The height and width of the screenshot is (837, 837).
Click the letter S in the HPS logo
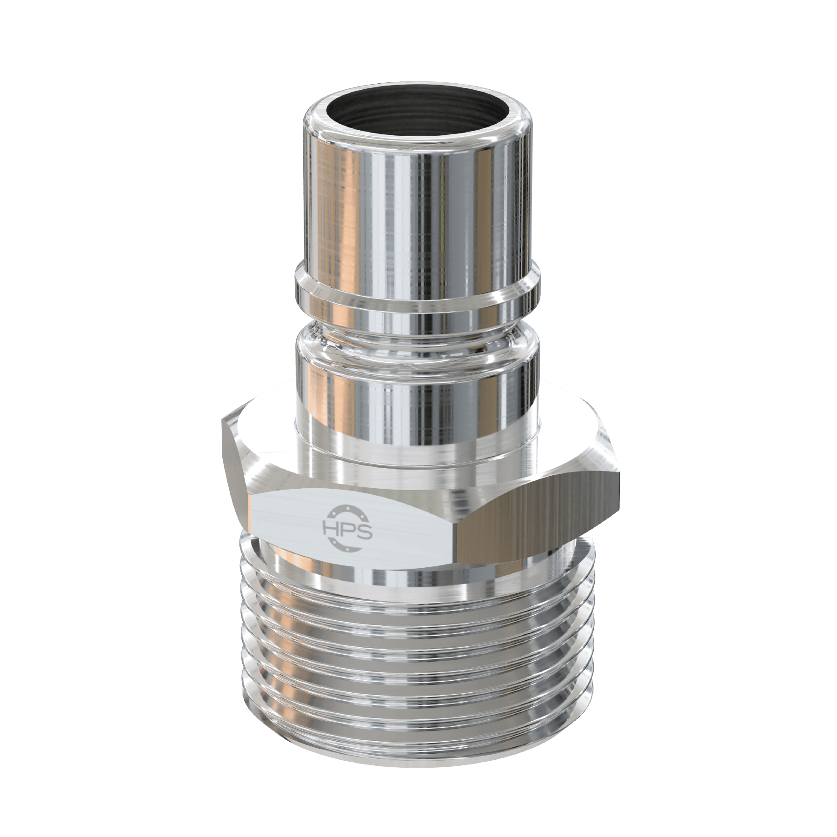(365, 530)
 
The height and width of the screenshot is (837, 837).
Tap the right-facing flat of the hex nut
(539, 516)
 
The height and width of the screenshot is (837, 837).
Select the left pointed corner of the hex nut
(223, 421)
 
